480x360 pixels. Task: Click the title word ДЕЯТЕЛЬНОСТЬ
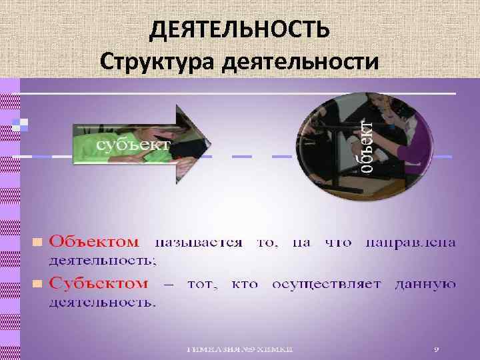tap(239, 29)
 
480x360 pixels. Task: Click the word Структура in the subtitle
tap(157, 62)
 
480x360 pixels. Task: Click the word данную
tap(425, 285)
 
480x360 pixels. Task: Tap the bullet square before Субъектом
tap(37, 285)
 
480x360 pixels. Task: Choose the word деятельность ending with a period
tap(102, 303)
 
